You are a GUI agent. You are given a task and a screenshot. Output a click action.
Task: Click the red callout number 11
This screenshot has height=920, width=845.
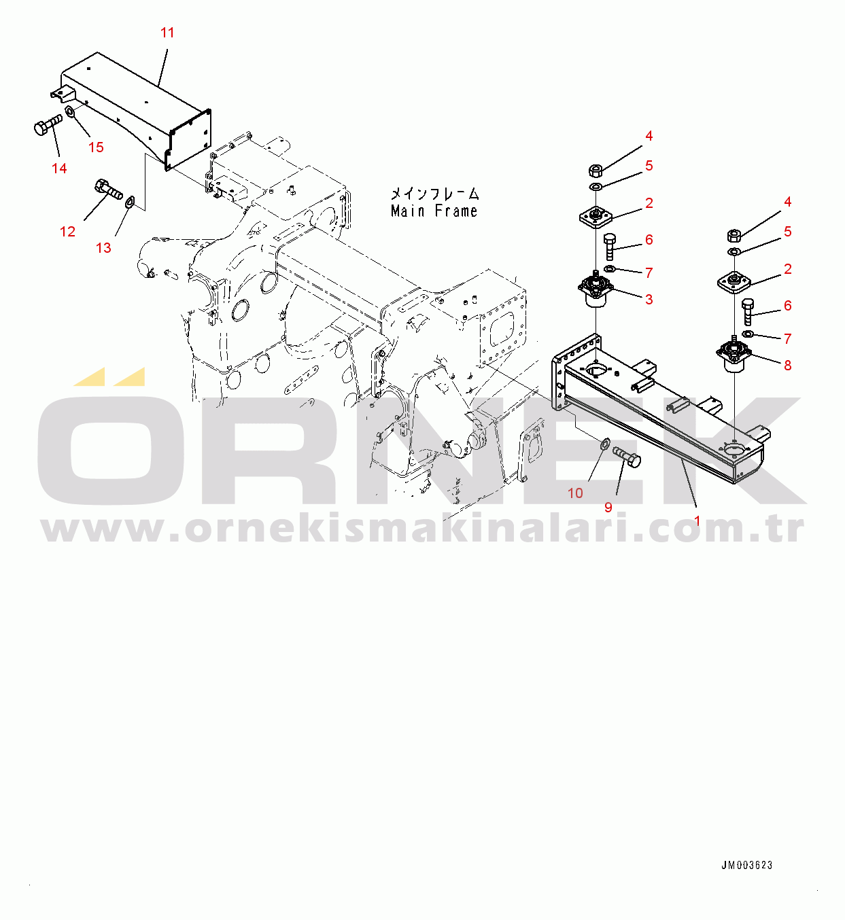click(167, 33)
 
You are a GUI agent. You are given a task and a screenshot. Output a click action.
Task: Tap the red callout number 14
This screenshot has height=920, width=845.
click(59, 169)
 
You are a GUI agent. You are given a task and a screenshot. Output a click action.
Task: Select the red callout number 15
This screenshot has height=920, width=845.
click(96, 147)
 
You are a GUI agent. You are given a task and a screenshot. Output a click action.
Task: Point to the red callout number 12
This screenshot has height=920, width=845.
click(67, 232)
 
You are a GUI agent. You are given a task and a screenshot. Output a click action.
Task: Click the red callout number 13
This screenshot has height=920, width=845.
click(103, 247)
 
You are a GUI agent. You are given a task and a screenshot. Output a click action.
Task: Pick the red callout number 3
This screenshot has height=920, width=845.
click(649, 300)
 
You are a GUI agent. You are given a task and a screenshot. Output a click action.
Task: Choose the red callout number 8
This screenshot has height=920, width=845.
click(788, 365)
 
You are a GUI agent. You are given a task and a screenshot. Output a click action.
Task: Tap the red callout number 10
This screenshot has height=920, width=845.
click(575, 493)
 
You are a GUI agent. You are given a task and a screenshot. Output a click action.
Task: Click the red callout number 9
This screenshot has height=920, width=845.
click(608, 508)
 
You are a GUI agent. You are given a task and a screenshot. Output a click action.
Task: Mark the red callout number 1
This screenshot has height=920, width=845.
click(697, 521)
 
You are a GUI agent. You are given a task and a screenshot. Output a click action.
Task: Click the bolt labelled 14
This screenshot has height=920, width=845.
click(48, 124)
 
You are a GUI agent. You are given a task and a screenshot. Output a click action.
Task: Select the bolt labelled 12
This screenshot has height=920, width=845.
click(108, 190)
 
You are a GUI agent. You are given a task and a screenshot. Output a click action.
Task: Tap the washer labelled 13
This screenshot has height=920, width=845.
click(129, 202)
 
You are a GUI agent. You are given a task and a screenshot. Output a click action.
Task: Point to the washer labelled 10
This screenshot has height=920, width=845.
click(605, 443)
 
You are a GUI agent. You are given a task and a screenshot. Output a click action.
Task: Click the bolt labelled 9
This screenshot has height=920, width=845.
click(627, 457)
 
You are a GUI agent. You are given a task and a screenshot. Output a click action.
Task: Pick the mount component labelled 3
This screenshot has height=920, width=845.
click(596, 291)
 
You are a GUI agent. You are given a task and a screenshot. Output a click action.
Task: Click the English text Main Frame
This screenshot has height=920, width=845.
click(434, 211)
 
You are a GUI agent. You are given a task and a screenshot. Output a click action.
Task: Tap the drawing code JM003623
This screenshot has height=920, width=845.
click(747, 865)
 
